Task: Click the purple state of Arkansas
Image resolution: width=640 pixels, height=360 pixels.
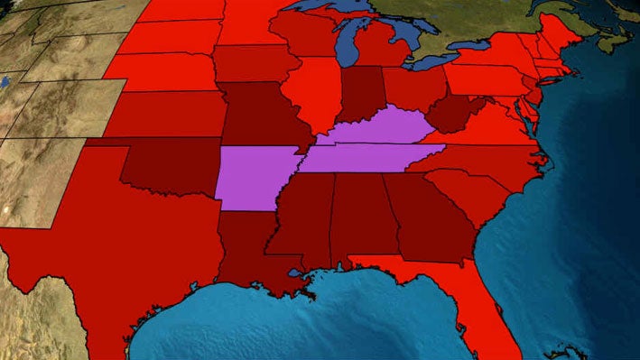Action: pos(255,177)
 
